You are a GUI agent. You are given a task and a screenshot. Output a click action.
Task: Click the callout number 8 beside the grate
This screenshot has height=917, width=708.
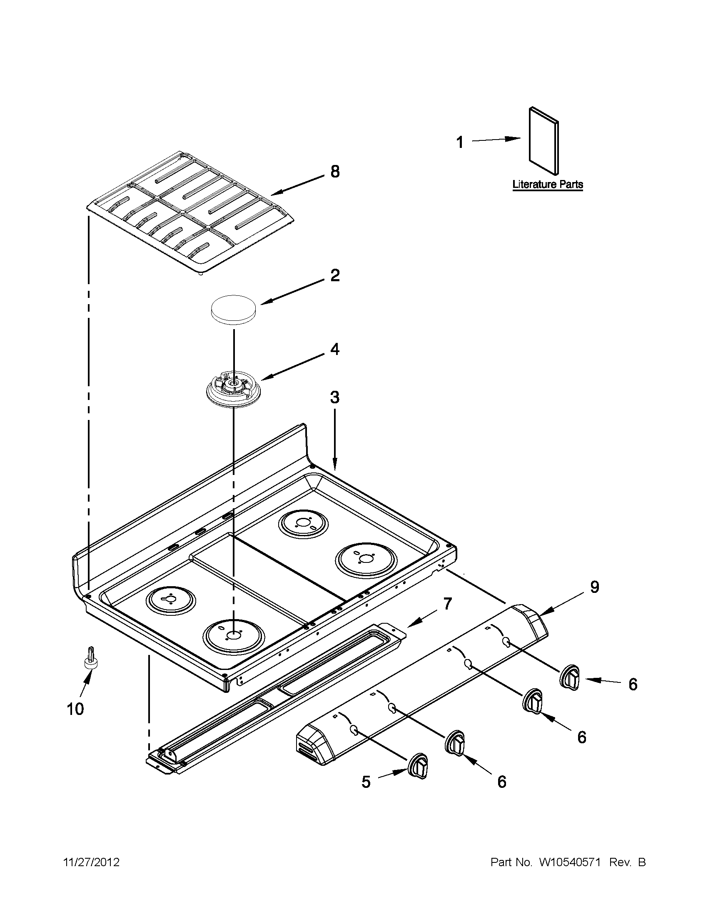pos(334,172)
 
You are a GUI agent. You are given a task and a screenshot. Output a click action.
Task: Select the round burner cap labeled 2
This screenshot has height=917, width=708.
pos(234,310)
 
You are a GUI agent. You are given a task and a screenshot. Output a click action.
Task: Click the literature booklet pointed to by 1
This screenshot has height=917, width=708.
pos(543,140)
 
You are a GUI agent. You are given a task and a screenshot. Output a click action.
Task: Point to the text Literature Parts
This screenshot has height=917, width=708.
pos(547,184)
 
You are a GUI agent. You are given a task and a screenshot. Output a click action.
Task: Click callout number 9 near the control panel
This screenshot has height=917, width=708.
pos(594,587)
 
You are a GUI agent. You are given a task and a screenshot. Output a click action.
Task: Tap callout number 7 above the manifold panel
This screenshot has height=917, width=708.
pos(447,604)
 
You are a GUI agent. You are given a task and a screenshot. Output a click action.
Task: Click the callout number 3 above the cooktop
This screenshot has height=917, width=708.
pos(334,397)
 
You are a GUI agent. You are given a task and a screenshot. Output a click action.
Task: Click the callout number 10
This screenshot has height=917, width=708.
pos(75,710)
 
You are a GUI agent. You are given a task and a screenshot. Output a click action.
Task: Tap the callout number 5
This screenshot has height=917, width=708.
pos(366,782)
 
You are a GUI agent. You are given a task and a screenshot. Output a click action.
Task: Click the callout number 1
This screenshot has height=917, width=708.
pos(460,143)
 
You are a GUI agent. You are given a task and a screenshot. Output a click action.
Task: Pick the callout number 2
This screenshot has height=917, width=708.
pos(334,276)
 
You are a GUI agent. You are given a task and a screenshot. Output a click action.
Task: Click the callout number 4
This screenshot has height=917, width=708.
pos(334,349)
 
